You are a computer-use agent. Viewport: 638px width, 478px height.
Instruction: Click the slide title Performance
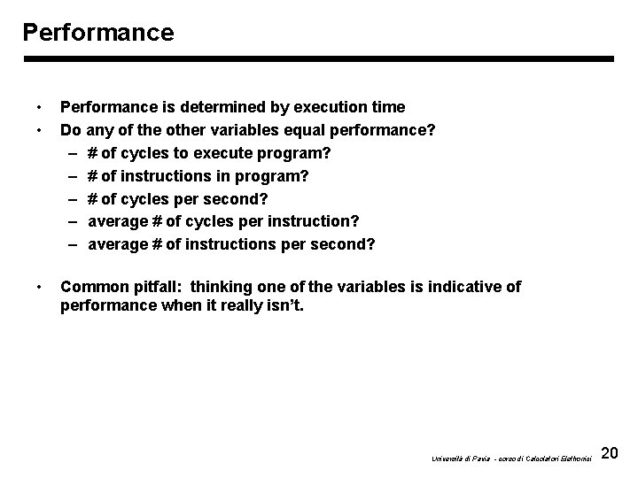[x=98, y=33]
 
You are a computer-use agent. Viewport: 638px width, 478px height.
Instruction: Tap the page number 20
[x=610, y=454]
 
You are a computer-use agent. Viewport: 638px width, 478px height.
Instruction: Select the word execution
[x=328, y=107]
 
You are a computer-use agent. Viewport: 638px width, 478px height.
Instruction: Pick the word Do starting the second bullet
[x=70, y=130]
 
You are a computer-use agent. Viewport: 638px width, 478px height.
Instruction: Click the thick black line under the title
[x=318, y=59]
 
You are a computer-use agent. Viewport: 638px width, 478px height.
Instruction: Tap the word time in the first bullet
[x=388, y=107]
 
